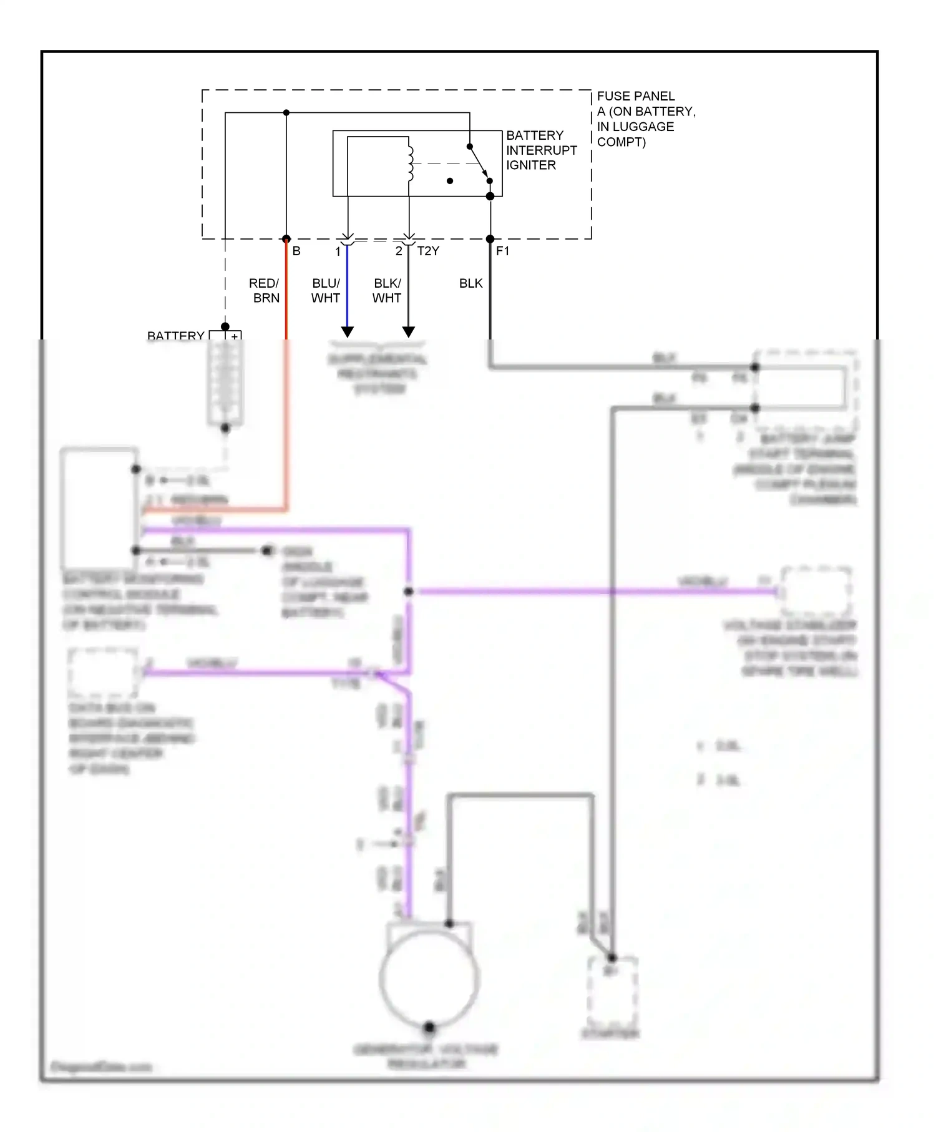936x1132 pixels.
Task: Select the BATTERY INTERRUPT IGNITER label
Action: [x=540, y=150]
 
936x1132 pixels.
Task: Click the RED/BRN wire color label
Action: [x=265, y=291]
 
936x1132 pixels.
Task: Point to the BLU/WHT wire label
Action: [x=326, y=291]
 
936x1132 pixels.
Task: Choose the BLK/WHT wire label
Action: [x=387, y=291]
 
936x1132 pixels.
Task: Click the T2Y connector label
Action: [x=428, y=251]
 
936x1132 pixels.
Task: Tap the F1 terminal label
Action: [x=502, y=251]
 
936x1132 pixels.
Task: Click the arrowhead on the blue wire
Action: [x=348, y=331]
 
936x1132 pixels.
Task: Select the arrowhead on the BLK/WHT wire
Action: [x=409, y=331]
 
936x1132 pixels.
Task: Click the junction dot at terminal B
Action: [x=286, y=239]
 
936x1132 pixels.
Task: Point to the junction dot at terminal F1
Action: [x=490, y=239]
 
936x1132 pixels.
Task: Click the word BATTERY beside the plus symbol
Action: [x=175, y=336]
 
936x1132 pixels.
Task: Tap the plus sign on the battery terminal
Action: [x=235, y=336]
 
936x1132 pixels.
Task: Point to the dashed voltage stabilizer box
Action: [x=816, y=590]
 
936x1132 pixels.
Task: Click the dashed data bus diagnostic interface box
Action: [x=103, y=673]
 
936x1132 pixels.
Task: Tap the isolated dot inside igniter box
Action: [x=450, y=181]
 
